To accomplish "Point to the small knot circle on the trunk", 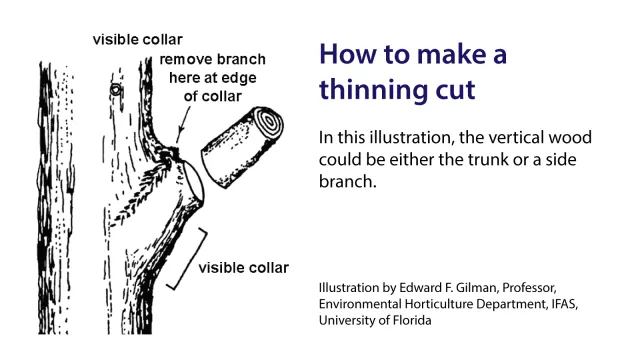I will (x=116, y=90).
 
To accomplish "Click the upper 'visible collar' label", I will (x=136, y=40).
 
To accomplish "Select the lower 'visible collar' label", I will (x=243, y=268).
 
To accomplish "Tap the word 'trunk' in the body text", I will (x=561, y=161).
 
